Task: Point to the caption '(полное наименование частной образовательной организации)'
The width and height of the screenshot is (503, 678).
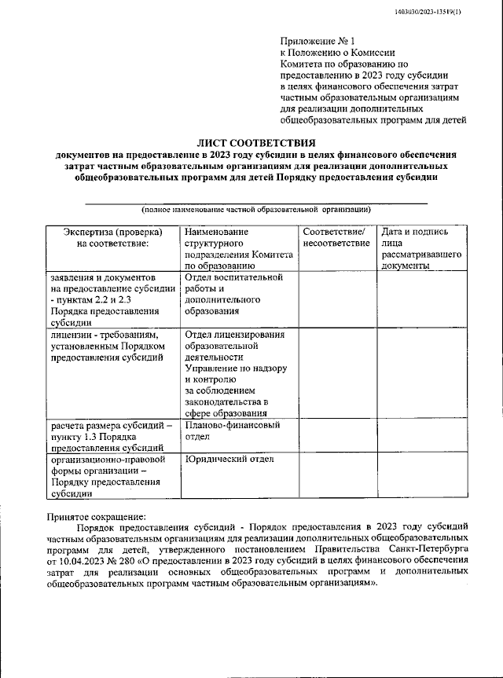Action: pos(256,210)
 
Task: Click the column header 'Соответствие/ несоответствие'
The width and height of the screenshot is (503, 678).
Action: pos(336,238)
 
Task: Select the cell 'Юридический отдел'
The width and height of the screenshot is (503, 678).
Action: pos(229,459)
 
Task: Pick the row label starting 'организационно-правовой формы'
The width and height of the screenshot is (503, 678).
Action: pos(109,476)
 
